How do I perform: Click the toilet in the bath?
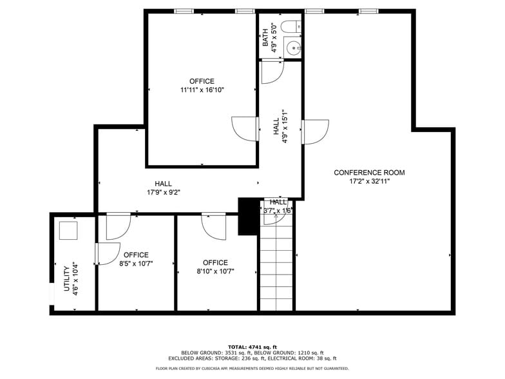[x=291, y=27]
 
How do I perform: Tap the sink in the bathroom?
[x=294, y=47]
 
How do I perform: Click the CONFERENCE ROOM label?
[x=369, y=173]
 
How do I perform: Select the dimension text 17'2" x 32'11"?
[x=369, y=182]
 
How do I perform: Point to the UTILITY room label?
[x=66, y=278]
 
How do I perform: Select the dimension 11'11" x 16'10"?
[x=202, y=90]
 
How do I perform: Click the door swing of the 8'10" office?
[x=213, y=225]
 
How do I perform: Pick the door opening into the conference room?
[x=315, y=131]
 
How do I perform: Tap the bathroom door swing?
[x=272, y=72]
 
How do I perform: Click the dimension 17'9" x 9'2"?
[x=163, y=192]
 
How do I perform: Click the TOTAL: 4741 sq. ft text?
[x=252, y=347]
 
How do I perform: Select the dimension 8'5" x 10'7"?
[x=136, y=264]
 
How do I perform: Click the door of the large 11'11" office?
[x=244, y=129]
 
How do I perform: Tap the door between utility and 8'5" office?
[x=107, y=253]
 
